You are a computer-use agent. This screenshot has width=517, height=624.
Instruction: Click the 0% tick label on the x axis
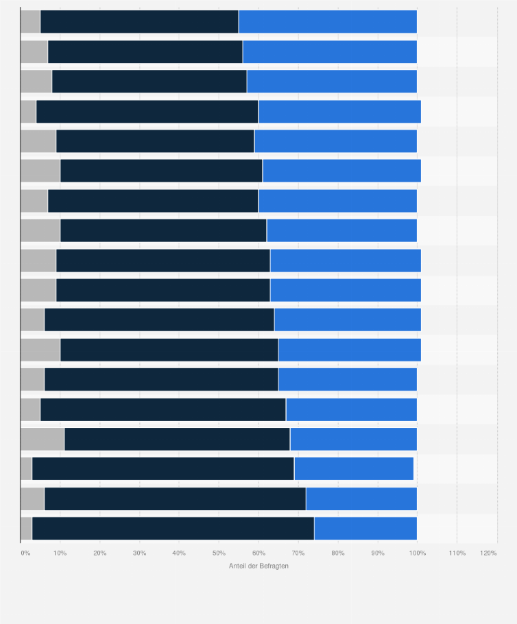pyautogui.click(x=25, y=553)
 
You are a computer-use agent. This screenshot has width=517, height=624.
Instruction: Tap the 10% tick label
pyautogui.click(x=60, y=553)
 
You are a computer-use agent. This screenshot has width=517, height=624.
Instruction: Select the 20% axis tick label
pyautogui.click(x=99, y=553)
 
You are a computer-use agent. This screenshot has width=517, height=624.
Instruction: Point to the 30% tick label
pyautogui.click(x=139, y=553)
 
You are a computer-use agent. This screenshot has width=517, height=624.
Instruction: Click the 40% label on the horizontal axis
pyautogui.click(x=179, y=553)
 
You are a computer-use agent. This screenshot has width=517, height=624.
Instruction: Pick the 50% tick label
pyautogui.click(x=219, y=553)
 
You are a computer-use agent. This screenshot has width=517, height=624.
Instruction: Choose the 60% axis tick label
pyautogui.click(x=258, y=553)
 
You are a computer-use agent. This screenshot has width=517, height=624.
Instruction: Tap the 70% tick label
pyautogui.click(x=298, y=553)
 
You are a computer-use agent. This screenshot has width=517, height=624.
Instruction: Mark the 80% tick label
pyautogui.click(x=338, y=553)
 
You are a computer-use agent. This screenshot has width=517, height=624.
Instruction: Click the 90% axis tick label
pyautogui.click(x=378, y=553)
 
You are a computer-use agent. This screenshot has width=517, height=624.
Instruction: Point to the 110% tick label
pyautogui.click(x=457, y=553)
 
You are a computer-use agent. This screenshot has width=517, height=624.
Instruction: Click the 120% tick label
pyautogui.click(x=489, y=553)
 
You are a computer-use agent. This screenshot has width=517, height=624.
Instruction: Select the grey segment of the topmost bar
pyautogui.click(x=30, y=22)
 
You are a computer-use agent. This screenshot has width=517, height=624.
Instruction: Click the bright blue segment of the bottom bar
pyautogui.click(x=365, y=529)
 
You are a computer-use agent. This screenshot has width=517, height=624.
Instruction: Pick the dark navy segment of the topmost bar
pyautogui.click(x=139, y=22)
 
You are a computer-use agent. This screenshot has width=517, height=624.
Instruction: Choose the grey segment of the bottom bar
pyautogui.click(x=26, y=529)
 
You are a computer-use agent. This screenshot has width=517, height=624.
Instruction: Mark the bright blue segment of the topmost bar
pyautogui.click(x=328, y=22)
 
